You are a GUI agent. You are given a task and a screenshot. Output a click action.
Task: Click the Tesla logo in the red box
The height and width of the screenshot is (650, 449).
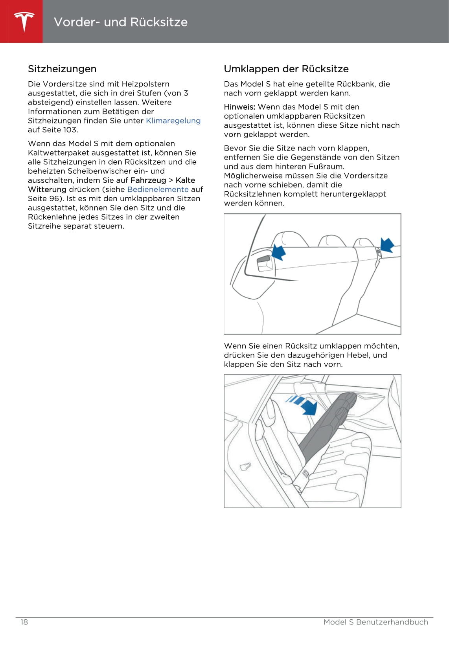point(24,22)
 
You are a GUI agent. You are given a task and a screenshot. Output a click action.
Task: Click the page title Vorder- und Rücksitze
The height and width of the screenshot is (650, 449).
point(120,22)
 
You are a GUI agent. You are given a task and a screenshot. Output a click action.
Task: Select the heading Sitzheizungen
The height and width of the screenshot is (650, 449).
point(62,69)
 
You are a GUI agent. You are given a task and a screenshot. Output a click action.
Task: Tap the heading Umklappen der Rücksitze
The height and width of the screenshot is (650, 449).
point(286,69)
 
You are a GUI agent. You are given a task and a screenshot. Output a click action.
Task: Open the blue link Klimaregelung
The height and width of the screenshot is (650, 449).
point(173,121)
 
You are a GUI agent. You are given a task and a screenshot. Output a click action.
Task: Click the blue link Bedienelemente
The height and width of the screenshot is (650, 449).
point(158,189)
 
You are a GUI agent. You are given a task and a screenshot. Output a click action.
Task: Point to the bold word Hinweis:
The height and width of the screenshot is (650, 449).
point(239,107)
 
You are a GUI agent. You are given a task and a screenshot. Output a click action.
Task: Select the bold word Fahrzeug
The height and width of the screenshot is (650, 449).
point(148,180)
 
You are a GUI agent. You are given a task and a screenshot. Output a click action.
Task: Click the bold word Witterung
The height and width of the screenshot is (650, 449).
point(47,189)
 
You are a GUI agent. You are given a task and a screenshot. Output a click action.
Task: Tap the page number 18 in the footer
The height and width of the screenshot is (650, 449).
point(24,622)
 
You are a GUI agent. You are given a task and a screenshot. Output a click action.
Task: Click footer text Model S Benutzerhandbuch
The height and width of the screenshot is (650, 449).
point(375,622)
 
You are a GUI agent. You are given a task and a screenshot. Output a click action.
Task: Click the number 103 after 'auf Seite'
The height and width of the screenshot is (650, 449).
point(70,130)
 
